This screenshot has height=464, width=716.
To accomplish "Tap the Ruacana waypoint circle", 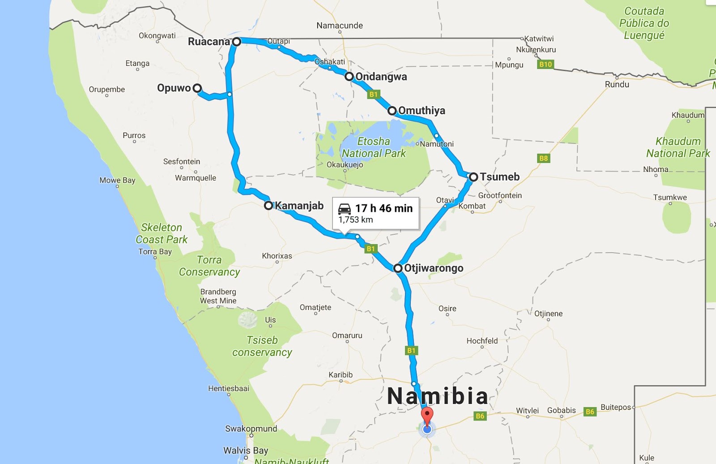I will click(x=237, y=42).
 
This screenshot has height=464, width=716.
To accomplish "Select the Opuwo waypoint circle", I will click(x=197, y=88).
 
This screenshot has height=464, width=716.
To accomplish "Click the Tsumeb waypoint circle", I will click(x=473, y=177).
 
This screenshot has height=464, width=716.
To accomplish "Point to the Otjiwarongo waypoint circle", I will click(x=398, y=268).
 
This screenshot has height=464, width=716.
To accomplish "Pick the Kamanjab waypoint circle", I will click(x=268, y=206).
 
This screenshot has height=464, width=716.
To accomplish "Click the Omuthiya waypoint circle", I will click(x=392, y=111).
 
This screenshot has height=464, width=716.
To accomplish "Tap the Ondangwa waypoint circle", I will click(x=349, y=77).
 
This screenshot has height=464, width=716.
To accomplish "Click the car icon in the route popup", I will click(x=345, y=209).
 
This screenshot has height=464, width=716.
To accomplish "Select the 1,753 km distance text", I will click(x=356, y=220).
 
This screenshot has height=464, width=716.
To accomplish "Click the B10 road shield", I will click(x=546, y=64).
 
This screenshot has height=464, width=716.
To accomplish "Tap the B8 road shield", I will click(x=543, y=158).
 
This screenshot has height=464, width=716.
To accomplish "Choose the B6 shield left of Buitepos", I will click(x=590, y=412).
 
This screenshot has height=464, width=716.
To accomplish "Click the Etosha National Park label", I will click(x=374, y=147).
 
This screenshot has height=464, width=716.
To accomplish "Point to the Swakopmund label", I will click(x=251, y=429).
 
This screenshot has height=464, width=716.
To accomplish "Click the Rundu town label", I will click(x=617, y=85).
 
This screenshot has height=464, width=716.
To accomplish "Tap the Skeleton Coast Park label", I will click(x=162, y=233).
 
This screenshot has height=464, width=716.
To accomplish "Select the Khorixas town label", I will click(x=277, y=256).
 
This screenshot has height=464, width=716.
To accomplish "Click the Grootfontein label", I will click(x=500, y=195).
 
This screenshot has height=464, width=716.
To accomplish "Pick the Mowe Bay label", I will click(x=117, y=180).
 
